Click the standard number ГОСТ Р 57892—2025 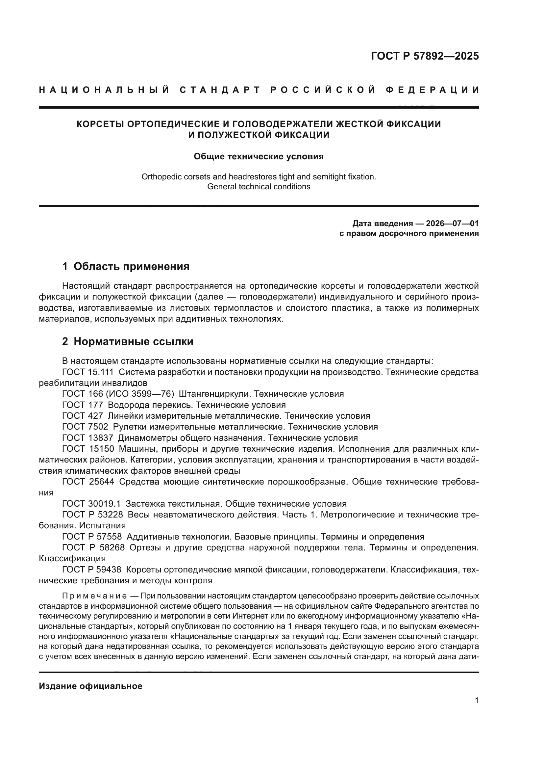coord(425,56)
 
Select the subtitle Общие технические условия coord(259,157)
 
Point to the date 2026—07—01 coord(452,224)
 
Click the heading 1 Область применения coord(126,267)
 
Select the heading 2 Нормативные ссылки coord(128,342)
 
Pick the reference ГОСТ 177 coord(83,405)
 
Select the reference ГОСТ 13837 coord(88,438)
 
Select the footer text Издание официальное coord(90,686)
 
